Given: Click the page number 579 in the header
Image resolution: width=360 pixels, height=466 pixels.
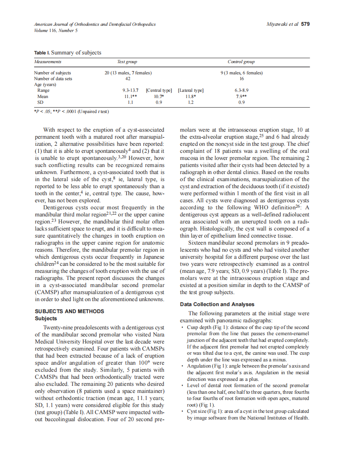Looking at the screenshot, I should pyautogui.click(x=305, y=24).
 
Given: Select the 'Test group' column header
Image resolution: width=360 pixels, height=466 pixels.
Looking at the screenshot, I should pyautogui.click(x=127, y=62).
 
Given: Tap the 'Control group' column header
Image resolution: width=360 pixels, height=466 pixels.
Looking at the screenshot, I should pyautogui.click(x=241, y=62).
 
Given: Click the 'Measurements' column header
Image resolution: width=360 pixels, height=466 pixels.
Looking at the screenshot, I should pyautogui.click(x=48, y=62).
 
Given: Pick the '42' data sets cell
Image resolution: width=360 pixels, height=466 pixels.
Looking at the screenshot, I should pyautogui.click(x=128, y=78).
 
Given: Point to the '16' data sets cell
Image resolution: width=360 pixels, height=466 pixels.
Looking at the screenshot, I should pyautogui.click(x=241, y=78).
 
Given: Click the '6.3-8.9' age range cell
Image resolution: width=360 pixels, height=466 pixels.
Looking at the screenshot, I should pyautogui.click(x=241, y=90).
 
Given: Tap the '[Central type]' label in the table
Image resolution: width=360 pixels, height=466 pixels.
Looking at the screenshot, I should pyautogui.click(x=159, y=90).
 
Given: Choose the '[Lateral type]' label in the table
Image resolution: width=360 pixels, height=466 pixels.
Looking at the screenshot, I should pyautogui.click(x=190, y=90).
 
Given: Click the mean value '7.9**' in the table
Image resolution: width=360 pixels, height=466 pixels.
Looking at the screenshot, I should pyautogui.click(x=241, y=96).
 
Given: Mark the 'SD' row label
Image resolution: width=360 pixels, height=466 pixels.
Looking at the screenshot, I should pyautogui.click(x=40, y=102).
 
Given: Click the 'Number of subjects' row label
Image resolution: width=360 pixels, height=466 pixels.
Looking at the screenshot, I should pyautogui.click(x=52, y=73).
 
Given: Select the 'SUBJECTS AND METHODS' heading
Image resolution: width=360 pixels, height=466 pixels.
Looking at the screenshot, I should pyautogui.click(x=69, y=311).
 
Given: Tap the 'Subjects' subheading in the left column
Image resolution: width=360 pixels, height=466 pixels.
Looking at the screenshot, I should pyautogui.click(x=46, y=319).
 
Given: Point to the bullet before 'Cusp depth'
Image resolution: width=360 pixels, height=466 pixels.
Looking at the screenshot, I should pyautogui.click(x=183, y=328).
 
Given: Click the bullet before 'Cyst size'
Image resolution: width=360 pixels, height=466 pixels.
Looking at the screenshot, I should pyautogui.click(x=183, y=411).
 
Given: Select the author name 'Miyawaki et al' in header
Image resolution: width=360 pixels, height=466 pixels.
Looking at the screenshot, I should pyautogui.click(x=282, y=24).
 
